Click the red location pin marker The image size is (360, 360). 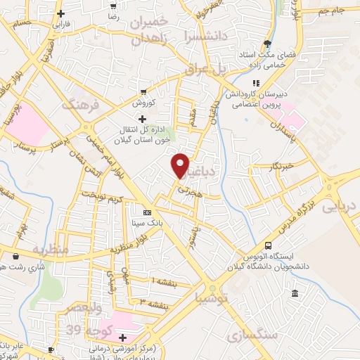point(181,165)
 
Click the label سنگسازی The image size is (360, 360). point(253,335)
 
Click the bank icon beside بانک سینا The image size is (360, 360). point(147,212)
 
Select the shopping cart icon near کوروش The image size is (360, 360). point(143,91)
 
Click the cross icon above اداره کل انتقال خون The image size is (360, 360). point(143,119)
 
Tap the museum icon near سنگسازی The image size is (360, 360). point(294,293)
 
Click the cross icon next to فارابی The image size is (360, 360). point(62,14)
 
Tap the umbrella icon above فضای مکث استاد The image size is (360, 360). point(266,42)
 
